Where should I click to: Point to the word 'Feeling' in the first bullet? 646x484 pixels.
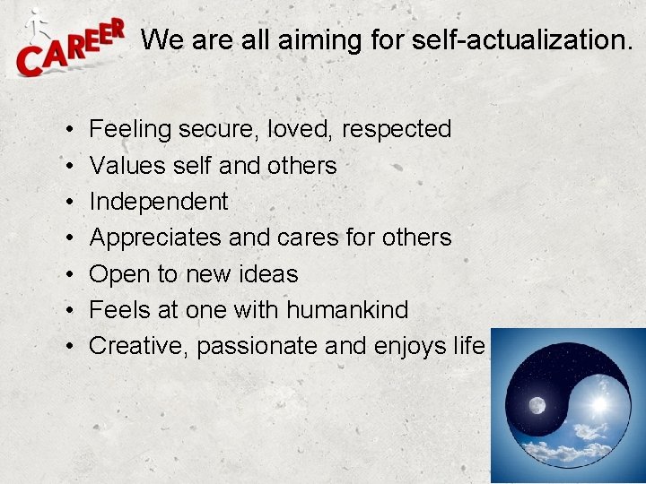click(x=130, y=130)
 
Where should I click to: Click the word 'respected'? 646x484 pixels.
click(x=398, y=130)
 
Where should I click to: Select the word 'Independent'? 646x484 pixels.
click(x=159, y=202)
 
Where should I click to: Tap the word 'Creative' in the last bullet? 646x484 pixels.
click(x=139, y=346)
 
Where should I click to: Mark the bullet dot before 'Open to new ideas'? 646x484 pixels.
click(x=69, y=274)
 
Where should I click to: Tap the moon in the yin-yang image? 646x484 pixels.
click(x=537, y=405)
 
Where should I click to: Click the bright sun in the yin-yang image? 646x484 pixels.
click(x=598, y=406)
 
